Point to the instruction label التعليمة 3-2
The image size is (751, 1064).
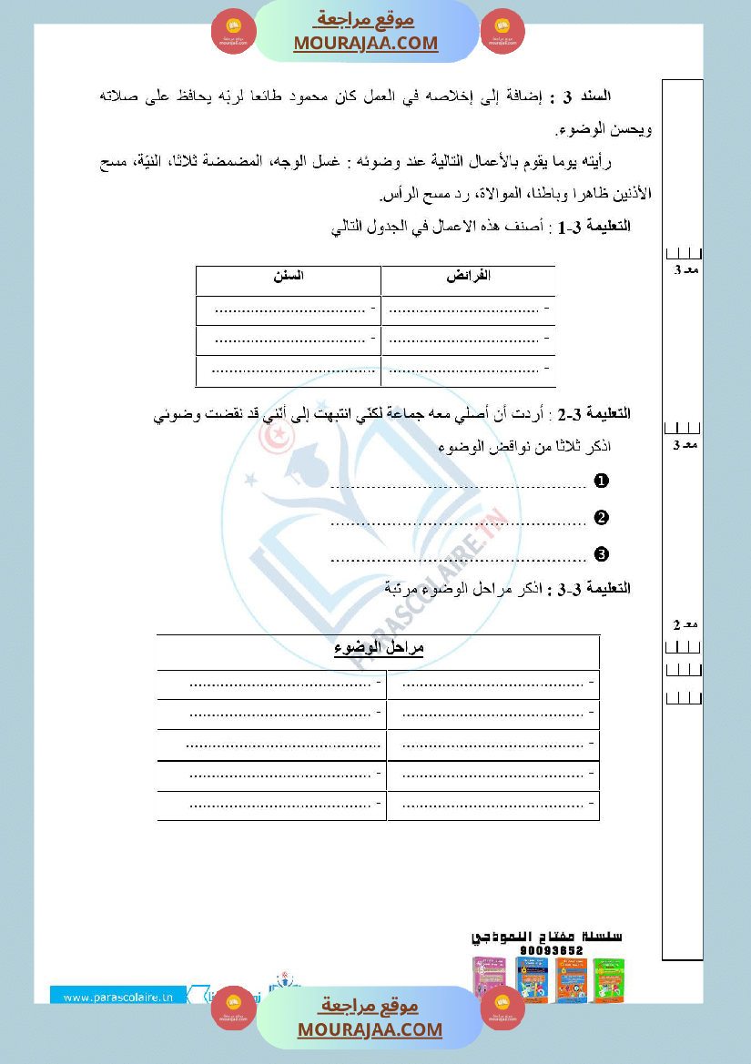[x=595, y=414]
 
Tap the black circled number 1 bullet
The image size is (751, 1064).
[x=601, y=481]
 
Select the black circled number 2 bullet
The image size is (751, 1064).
[x=601, y=518]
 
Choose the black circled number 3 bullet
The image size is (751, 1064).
[x=601, y=553]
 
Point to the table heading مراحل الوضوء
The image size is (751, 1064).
[x=379, y=647]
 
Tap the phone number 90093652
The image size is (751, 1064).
[x=552, y=950]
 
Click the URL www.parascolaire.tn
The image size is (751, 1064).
[x=118, y=997]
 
